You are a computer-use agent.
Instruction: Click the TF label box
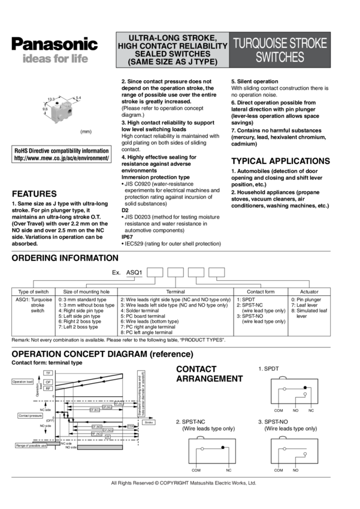(49, 373)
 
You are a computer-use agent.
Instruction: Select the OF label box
(49, 381)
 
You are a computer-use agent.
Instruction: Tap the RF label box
(49, 388)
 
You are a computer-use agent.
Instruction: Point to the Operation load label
(23, 381)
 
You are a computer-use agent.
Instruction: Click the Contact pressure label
(30, 415)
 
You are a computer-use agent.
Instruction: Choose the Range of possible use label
(31, 446)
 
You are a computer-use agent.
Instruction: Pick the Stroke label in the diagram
(149, 422)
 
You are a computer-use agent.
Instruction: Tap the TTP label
(131, 426)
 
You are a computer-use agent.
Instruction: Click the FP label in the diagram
(107, 437)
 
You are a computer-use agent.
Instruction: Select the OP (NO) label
(108, 430)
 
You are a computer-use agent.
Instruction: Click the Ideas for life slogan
(55, 59)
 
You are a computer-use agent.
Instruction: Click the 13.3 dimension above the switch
(51, 99)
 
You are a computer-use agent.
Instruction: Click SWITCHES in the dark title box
(280, 57)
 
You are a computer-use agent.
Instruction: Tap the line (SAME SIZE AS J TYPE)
(173, 62)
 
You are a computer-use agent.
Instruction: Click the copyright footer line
(184, 482)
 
